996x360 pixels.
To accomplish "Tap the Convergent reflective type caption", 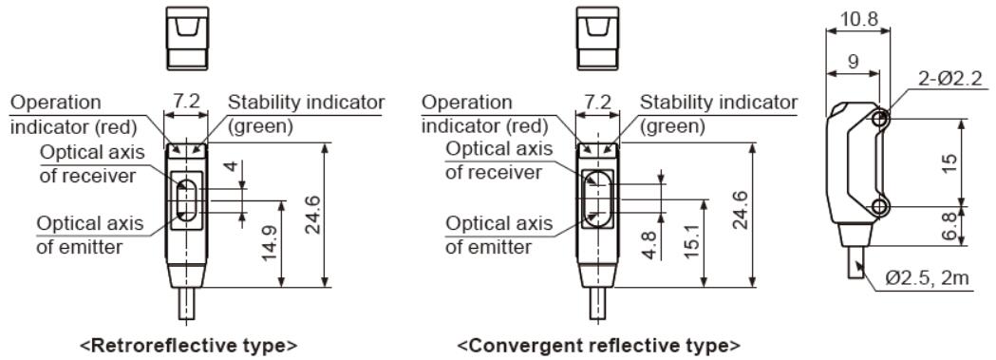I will (x=599, y=342).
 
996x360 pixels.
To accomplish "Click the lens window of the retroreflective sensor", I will (x=186, y=200).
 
